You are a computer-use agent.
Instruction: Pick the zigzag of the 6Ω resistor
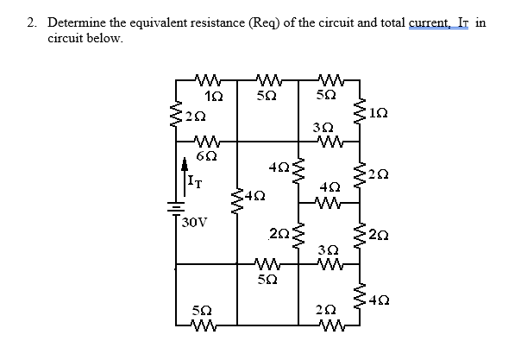[206, 142]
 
